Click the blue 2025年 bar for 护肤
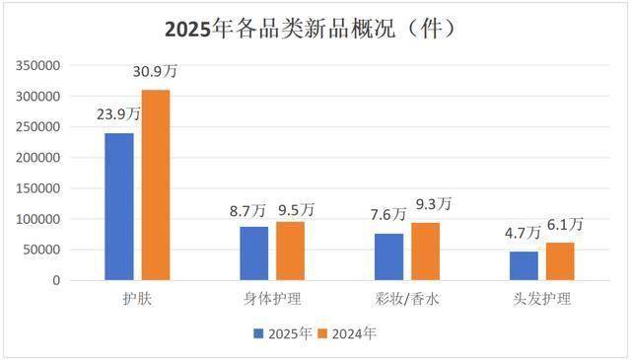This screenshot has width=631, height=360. [119, 206]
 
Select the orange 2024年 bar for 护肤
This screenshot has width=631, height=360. [155, 185]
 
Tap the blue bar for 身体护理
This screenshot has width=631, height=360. [253, 253]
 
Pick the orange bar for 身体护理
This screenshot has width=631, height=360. [290, 252]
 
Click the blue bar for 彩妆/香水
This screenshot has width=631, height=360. [388, 256]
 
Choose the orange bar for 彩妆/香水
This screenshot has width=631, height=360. [425, 252]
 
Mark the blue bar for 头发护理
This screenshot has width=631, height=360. [524, 265]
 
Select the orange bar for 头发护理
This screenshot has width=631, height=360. [559, 261]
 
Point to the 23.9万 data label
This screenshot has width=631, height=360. [118, 114]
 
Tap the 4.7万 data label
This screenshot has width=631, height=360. [523, 233]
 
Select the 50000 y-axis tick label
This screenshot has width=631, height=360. [43, 250]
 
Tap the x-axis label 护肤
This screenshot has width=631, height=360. [137, 297]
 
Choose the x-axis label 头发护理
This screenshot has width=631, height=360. [541, 297]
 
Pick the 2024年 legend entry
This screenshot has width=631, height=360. [349, 333]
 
